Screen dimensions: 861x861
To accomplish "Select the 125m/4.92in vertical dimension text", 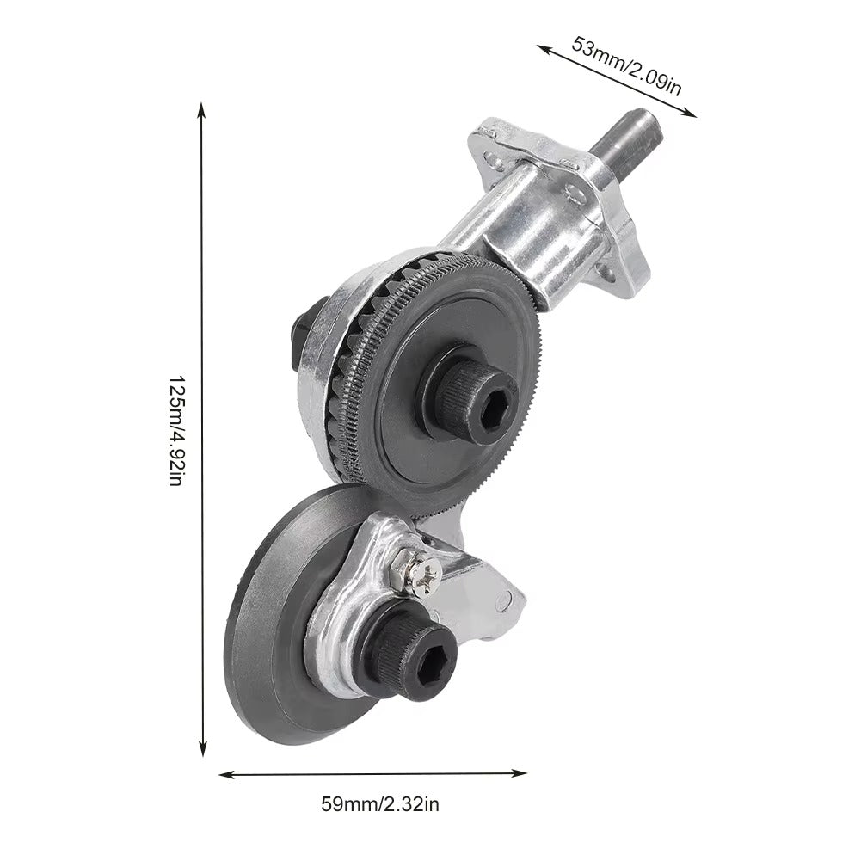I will tap(176, 430).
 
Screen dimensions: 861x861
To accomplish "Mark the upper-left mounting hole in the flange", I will tap(493, 157).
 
